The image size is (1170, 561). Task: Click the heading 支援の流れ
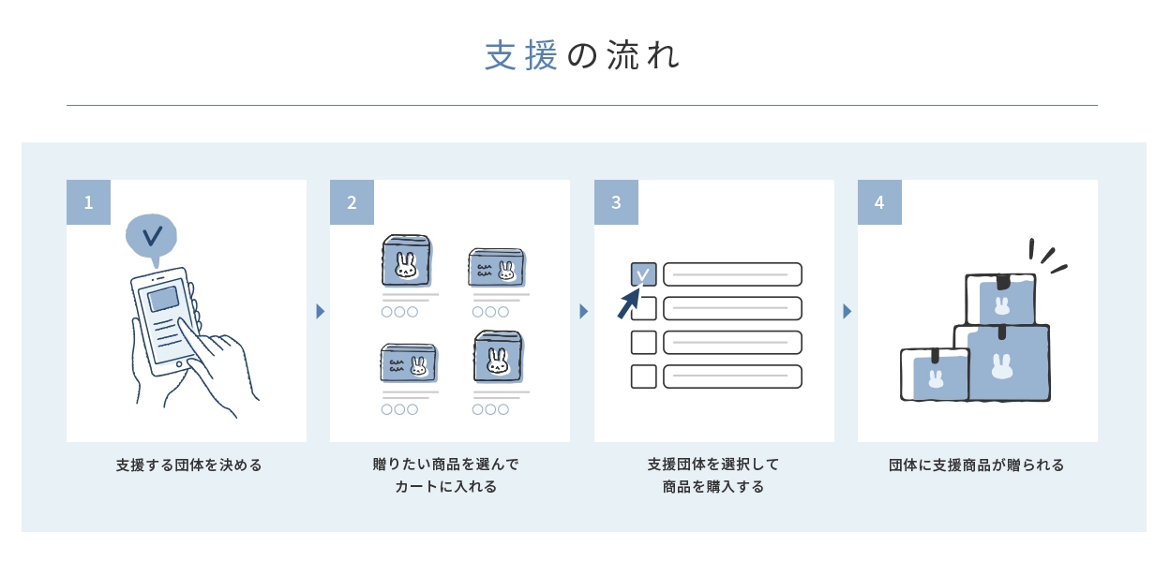(x=581, y=56)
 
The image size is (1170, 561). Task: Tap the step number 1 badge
(x=88, y=202)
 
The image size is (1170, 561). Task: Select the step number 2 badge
(x=352, y=202)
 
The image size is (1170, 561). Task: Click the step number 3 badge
(x=616, y=202)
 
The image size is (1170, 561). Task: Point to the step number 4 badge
(x=879, y=202)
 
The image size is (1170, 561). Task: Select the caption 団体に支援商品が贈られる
(x=977, y=465)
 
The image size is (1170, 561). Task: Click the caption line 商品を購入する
(x=713, y=487)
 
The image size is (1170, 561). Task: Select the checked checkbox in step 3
(x=643, y=273)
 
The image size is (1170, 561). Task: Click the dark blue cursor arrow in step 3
(x=627, y=305)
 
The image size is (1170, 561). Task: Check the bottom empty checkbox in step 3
(x=643, y=376)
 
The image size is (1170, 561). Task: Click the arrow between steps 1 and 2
(x=320, y=311)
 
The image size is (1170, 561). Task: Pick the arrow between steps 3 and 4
(x=847, y=311)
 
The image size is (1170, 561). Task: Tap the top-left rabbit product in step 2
(x=406, y=260)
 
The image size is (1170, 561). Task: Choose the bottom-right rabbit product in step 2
(x=497, y=356)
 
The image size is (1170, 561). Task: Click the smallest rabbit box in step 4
(x=934, y=375)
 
